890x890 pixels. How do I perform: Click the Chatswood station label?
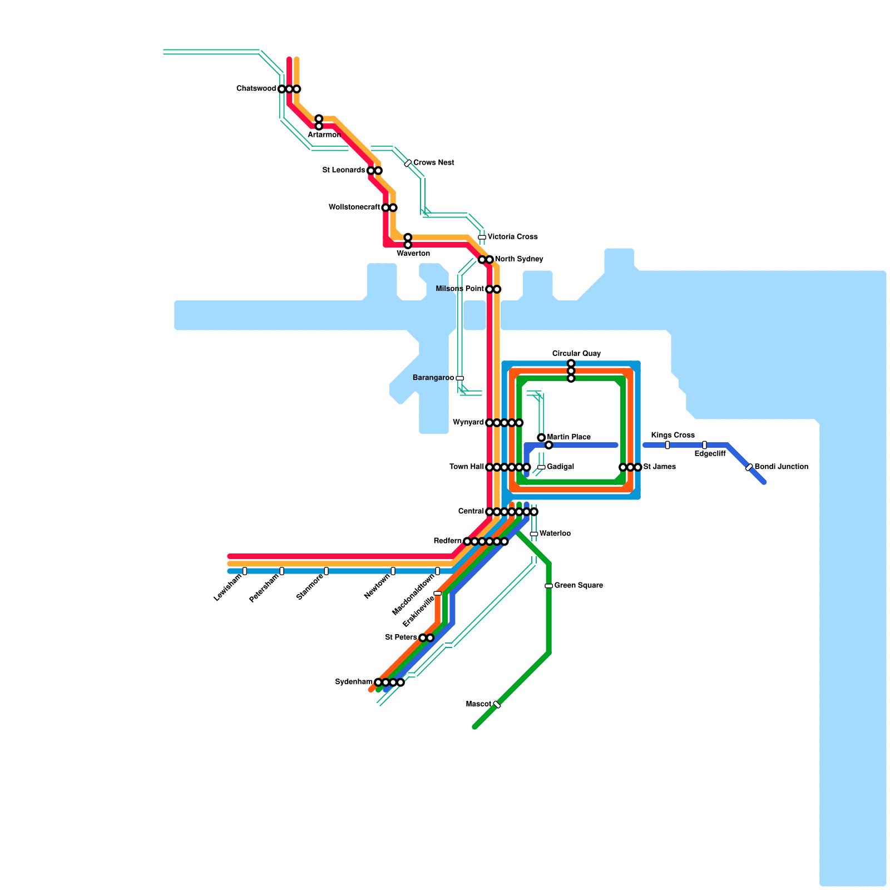[256, 89]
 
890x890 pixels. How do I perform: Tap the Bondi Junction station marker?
[749, 467]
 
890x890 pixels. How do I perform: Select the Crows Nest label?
[433, 163]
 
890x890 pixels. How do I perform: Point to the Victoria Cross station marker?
[482, 237]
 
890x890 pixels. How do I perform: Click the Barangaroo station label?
[433, 378]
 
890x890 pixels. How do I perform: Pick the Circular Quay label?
[576, 354]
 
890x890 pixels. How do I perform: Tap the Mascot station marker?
[497, 705]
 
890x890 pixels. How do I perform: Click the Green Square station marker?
[548, 586]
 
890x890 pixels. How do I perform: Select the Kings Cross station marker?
[667, 445]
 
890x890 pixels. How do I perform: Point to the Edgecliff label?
[710, 454]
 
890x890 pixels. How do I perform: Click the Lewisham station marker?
[245, 571]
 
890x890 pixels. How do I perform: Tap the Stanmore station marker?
[326, 571]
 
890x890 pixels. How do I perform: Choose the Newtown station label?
[377, 587]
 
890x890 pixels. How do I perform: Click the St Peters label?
[400, 637]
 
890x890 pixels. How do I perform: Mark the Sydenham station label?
[354, 682]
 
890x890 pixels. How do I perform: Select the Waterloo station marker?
[534, 534]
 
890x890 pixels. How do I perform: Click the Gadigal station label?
[560, 467]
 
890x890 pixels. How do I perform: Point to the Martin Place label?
[568, 437]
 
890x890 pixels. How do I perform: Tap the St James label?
[659, 467]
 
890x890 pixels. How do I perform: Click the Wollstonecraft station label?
[354, 207]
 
